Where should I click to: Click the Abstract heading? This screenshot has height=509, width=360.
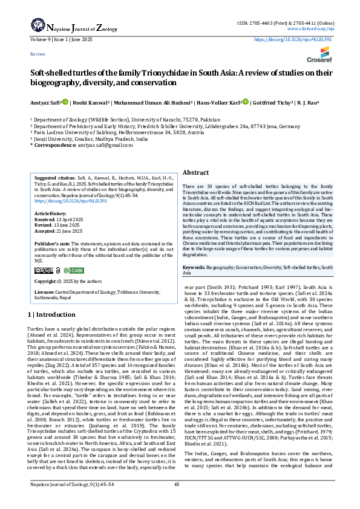(195, 172)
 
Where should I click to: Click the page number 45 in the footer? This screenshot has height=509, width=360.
(177, 501)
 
